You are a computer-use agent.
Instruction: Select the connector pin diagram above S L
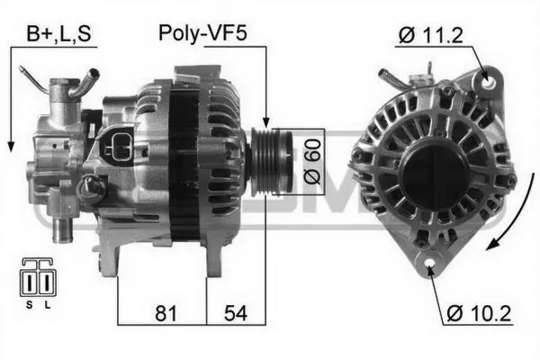tap(36, 280)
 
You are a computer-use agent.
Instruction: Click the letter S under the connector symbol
tap(28, 305)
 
